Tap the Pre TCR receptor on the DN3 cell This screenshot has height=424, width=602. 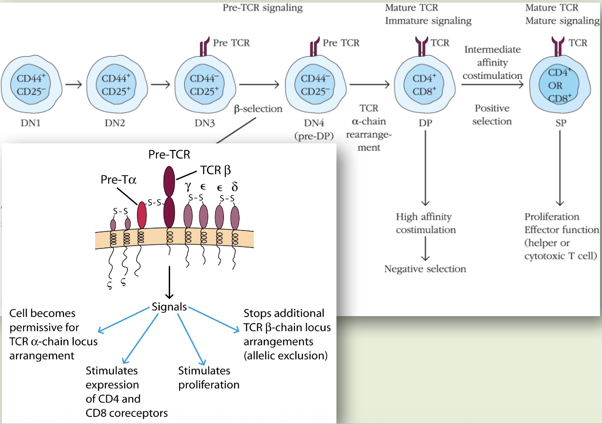(x=204, y=48)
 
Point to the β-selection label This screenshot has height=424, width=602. (x=258, y=109)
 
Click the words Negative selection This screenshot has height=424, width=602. (x=425, y=269)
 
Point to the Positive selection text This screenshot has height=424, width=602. (x=492, y=115)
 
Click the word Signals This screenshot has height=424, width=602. (x=169, y=306)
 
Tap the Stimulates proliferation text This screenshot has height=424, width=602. (x=208, y=377)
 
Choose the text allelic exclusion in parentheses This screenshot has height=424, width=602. (x=285, y=355)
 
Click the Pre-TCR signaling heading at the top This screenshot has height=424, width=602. (x=262, y=8)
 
